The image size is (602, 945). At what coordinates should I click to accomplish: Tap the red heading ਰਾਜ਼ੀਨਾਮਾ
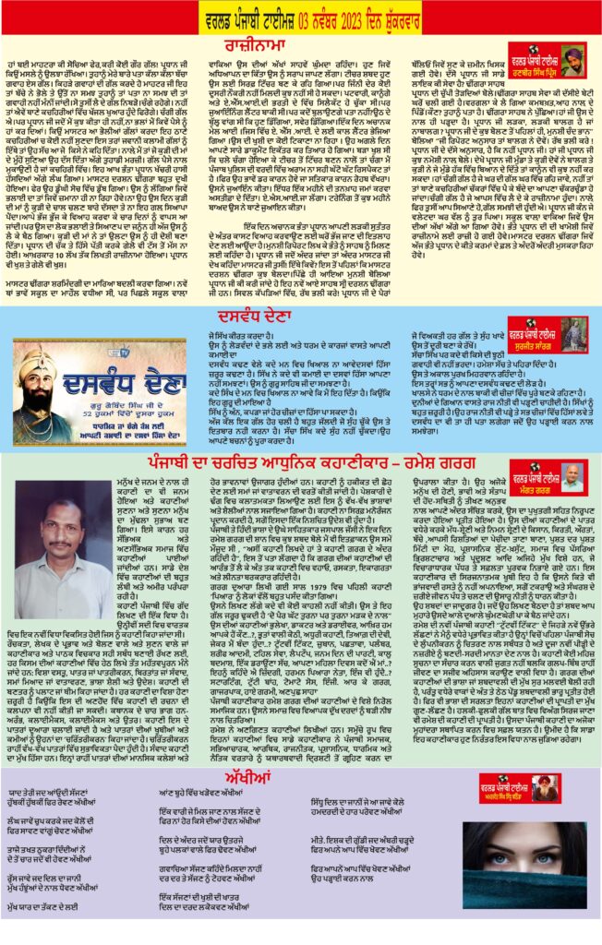[x=301, y=43]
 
